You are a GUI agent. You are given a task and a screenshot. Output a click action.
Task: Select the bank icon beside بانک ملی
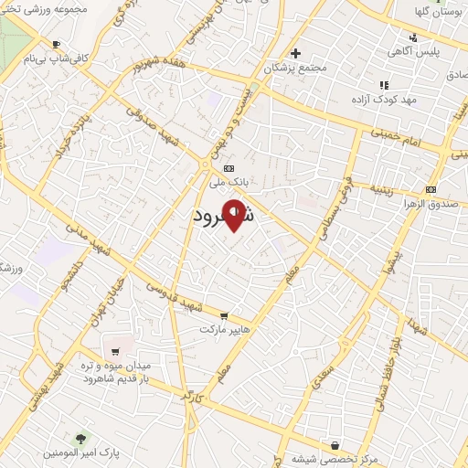228,168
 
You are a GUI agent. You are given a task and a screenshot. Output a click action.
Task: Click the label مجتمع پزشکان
293,68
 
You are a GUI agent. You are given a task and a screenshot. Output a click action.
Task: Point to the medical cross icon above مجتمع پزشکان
295,53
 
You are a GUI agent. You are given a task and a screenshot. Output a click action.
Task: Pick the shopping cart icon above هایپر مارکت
224,315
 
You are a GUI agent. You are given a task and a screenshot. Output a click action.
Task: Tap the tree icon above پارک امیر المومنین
80,440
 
